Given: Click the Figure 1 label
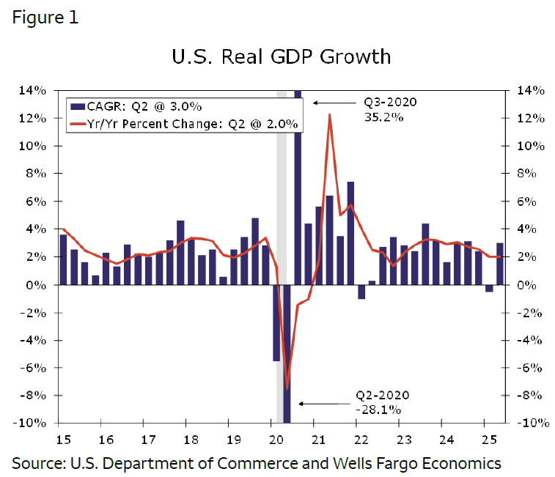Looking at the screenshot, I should coord(45,18).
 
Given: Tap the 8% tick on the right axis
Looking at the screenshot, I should coord(530,174).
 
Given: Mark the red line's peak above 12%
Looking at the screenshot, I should coord(330,115).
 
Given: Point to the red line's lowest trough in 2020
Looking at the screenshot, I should coord(287,388).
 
